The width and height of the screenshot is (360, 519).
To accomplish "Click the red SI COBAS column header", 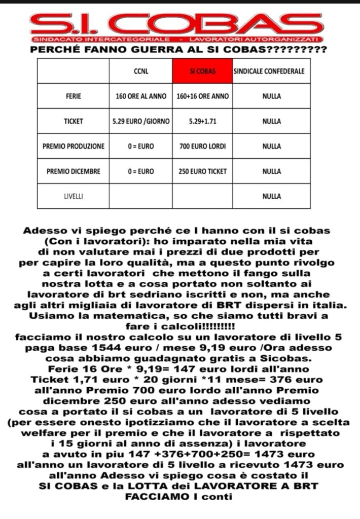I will pos(202,71).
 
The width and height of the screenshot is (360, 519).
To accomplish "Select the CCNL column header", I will pos(140,71).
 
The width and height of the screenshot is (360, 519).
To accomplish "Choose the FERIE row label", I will pos(74,96).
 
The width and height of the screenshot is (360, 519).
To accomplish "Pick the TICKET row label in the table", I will pos(74,121).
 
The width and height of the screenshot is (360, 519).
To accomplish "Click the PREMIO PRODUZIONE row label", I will pos(74,146).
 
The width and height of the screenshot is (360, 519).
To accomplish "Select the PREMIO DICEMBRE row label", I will pos(74,171).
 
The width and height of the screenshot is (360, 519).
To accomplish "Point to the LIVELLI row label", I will pos(74,196).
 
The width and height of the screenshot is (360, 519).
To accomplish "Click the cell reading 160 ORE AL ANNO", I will pos(140,96).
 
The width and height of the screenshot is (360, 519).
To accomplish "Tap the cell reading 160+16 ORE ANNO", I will pos(202,96).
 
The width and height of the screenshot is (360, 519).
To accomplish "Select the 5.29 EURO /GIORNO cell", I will pos(140,121).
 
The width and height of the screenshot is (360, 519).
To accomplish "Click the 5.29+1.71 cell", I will pos(202,121).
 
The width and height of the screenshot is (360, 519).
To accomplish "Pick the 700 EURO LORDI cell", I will pos(202,146).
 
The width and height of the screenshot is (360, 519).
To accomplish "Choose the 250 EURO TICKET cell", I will pos(202,171).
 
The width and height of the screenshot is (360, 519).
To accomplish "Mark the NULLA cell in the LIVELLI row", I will pos(271,196).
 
